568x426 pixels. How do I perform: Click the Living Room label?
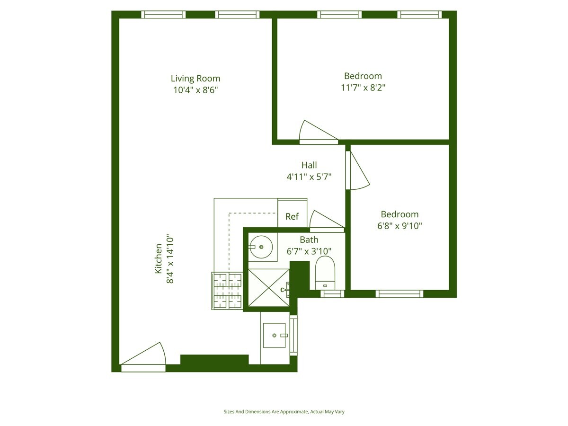click(x=195, y=79)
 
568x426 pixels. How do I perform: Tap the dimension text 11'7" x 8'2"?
click(x=363, y=88)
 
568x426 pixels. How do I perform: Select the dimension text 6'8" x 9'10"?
click(x=399, y=226)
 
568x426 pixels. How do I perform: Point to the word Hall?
click(x=309, y=165)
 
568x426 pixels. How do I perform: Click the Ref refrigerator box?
click(x=292, y=216)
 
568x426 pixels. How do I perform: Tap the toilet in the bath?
click(x=325, y=273)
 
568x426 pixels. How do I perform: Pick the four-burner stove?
click(x=228, y=291)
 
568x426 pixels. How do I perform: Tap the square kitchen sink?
click(x=275, y=335)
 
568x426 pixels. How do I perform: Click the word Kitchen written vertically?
click(x=159, y=259)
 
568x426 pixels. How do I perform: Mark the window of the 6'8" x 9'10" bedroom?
click(x=399, y=294)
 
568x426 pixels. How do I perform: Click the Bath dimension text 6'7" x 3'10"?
click(x=309, y=251)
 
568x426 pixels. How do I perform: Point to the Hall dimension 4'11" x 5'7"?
click(x=309, y=177)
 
